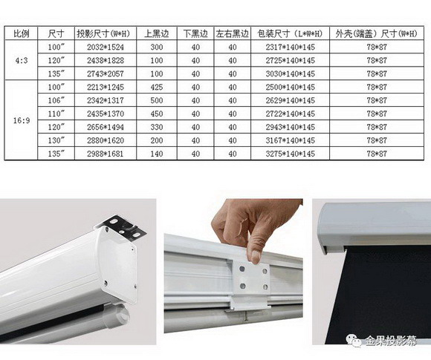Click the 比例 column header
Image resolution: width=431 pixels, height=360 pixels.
[21, 34]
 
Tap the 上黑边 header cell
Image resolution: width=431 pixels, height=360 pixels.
[156, 34]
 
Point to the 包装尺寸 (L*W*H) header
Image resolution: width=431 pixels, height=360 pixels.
[290, 34]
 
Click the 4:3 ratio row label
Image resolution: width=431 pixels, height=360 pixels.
[22, 60]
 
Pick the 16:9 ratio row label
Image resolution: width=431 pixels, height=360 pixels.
[22, 120]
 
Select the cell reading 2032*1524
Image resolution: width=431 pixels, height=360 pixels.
[106, 48]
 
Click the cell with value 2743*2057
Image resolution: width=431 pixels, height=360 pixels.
[106, 74]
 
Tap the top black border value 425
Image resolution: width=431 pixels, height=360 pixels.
[156, 88]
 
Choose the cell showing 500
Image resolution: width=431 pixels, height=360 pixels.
[156, 100]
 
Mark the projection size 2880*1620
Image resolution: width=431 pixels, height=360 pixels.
[106, 140]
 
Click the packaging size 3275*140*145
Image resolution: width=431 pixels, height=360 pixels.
[290, 154]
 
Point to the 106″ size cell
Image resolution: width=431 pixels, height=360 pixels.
[56, 100]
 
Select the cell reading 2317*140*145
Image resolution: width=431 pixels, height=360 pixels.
[290, 48]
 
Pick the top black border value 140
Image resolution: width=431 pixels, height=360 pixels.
[156, 154]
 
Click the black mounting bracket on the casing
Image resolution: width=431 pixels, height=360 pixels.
[123, 227]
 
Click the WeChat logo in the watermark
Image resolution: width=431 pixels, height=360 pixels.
[354, 341]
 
